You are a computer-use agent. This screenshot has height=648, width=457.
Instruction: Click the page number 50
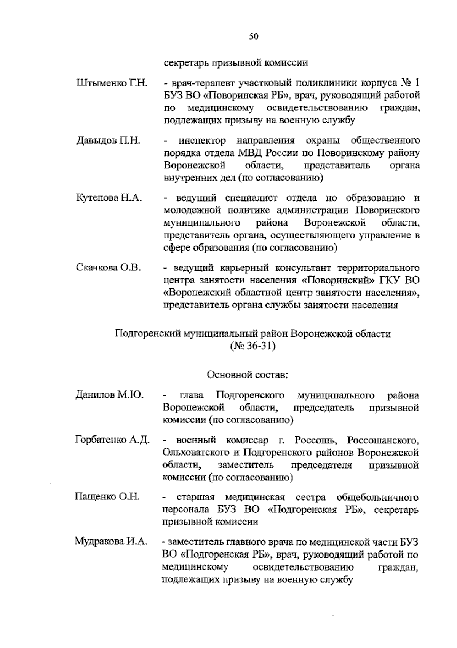point(254,37)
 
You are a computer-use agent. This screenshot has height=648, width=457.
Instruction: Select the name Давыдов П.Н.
point(109,141)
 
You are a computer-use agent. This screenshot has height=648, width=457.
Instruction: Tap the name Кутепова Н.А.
point(109,198)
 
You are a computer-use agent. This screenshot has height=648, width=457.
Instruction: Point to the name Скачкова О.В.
point(109,268)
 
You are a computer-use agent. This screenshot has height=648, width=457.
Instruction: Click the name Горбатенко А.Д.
point(112,440)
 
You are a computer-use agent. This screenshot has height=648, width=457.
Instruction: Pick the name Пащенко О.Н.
point(107,497)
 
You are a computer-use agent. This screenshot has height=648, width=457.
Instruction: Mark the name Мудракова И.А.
point(111,542)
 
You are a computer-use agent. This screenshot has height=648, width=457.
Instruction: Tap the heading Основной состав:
point(248,375)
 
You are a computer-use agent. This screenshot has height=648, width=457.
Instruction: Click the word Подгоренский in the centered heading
point(148,334)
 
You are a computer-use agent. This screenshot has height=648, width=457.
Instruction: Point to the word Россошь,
point(315,441)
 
